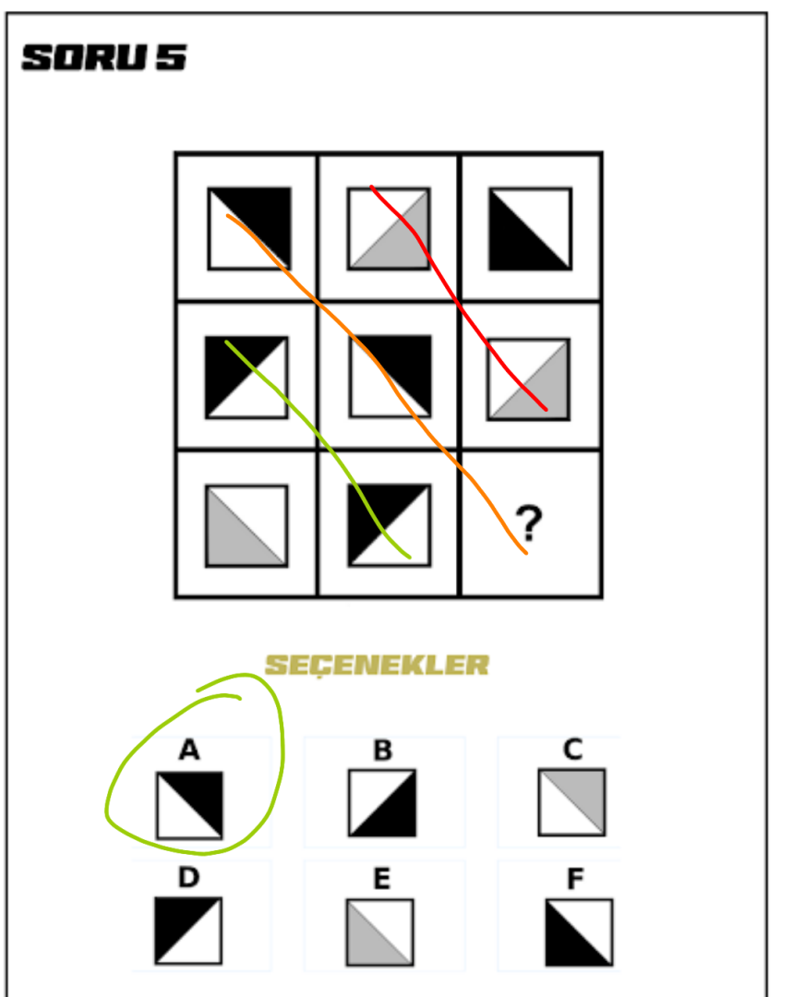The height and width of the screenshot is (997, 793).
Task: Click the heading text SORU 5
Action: pos(103,57)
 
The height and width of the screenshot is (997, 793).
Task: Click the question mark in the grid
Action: pos(528,523)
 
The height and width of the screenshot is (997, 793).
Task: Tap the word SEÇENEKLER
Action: pos(377,665)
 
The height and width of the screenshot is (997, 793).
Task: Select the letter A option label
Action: pos(189,750)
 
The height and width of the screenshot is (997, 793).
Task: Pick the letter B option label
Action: pos(383,751)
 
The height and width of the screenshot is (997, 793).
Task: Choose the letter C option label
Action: pos(573,749)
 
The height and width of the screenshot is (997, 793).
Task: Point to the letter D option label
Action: pos(189,878)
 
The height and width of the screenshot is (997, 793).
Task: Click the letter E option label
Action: pos(381,880)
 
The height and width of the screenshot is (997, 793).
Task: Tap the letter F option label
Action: pos(575,880)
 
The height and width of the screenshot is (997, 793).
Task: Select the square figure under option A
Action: pos(189,806)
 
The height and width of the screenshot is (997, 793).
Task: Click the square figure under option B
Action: pos(382,803)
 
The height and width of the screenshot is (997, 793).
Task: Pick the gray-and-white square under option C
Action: pos(571,802)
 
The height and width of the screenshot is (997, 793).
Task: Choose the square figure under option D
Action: pos(188,931)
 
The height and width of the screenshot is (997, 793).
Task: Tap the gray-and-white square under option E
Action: pos(379,932)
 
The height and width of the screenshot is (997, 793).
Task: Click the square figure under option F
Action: pos(580,932)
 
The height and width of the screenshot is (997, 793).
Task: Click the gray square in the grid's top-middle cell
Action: pos(390,229)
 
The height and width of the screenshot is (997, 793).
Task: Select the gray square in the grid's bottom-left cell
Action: pos(246,526)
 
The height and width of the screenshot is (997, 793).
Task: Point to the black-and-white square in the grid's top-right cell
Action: pos(531,229)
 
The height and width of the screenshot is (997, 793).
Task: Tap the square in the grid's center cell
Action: pos(390,377)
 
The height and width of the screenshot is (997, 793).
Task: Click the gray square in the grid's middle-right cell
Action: pos(528,379)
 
